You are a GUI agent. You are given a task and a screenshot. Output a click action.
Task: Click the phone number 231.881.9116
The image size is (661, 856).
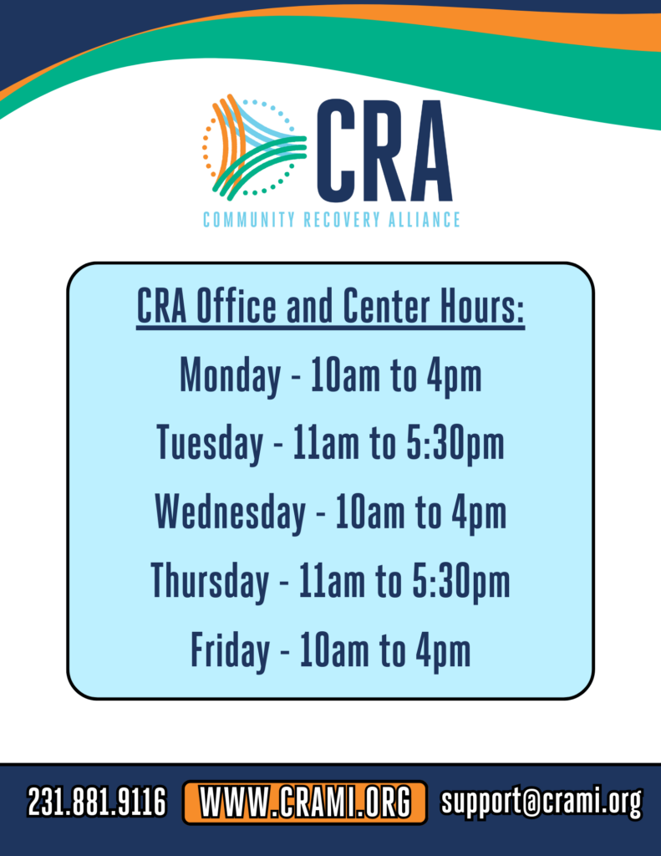click(97, 802)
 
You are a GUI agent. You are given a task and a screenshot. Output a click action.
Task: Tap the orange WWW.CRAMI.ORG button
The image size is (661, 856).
click(304, 802)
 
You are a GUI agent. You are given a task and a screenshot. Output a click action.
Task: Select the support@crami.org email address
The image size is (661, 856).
click(542, 802)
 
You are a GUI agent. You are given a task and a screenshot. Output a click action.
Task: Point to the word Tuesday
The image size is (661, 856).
click(210, 443)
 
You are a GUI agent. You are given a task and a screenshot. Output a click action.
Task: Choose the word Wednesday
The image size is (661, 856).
click(231, 512)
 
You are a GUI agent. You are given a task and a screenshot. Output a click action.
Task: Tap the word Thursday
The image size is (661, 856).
click(210, 581)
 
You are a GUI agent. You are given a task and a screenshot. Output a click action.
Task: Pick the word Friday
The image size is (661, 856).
click(231, 650)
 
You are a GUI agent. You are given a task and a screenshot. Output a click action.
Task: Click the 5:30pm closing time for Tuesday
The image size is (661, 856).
click(455, 443)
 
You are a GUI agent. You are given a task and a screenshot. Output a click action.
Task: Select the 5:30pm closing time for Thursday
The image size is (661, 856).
click(461, 581)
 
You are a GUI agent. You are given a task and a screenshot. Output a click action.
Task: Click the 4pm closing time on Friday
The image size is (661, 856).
click(443, 650)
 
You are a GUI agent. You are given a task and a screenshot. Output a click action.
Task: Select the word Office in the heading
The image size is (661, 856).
click(236, 306)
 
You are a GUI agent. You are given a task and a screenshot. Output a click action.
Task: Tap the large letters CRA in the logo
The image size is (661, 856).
click(384, 150)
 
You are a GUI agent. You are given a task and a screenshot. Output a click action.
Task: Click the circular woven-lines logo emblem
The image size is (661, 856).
click(254, 146)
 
